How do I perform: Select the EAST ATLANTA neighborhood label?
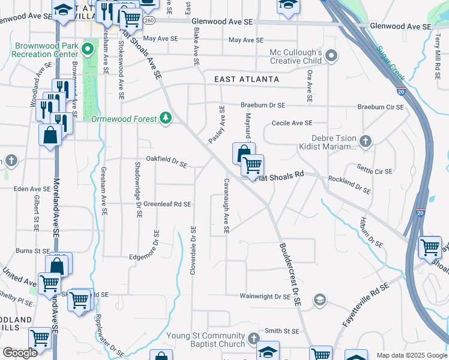(246, 79)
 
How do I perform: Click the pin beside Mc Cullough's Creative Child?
(330, 57)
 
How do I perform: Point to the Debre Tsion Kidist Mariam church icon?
(366, 142)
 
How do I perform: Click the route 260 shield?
(149, 20)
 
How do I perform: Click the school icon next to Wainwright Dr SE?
(321, 299)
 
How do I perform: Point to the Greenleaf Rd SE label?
(167, 204)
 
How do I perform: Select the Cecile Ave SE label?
(292, 123)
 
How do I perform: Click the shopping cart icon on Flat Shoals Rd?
(253, 164)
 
